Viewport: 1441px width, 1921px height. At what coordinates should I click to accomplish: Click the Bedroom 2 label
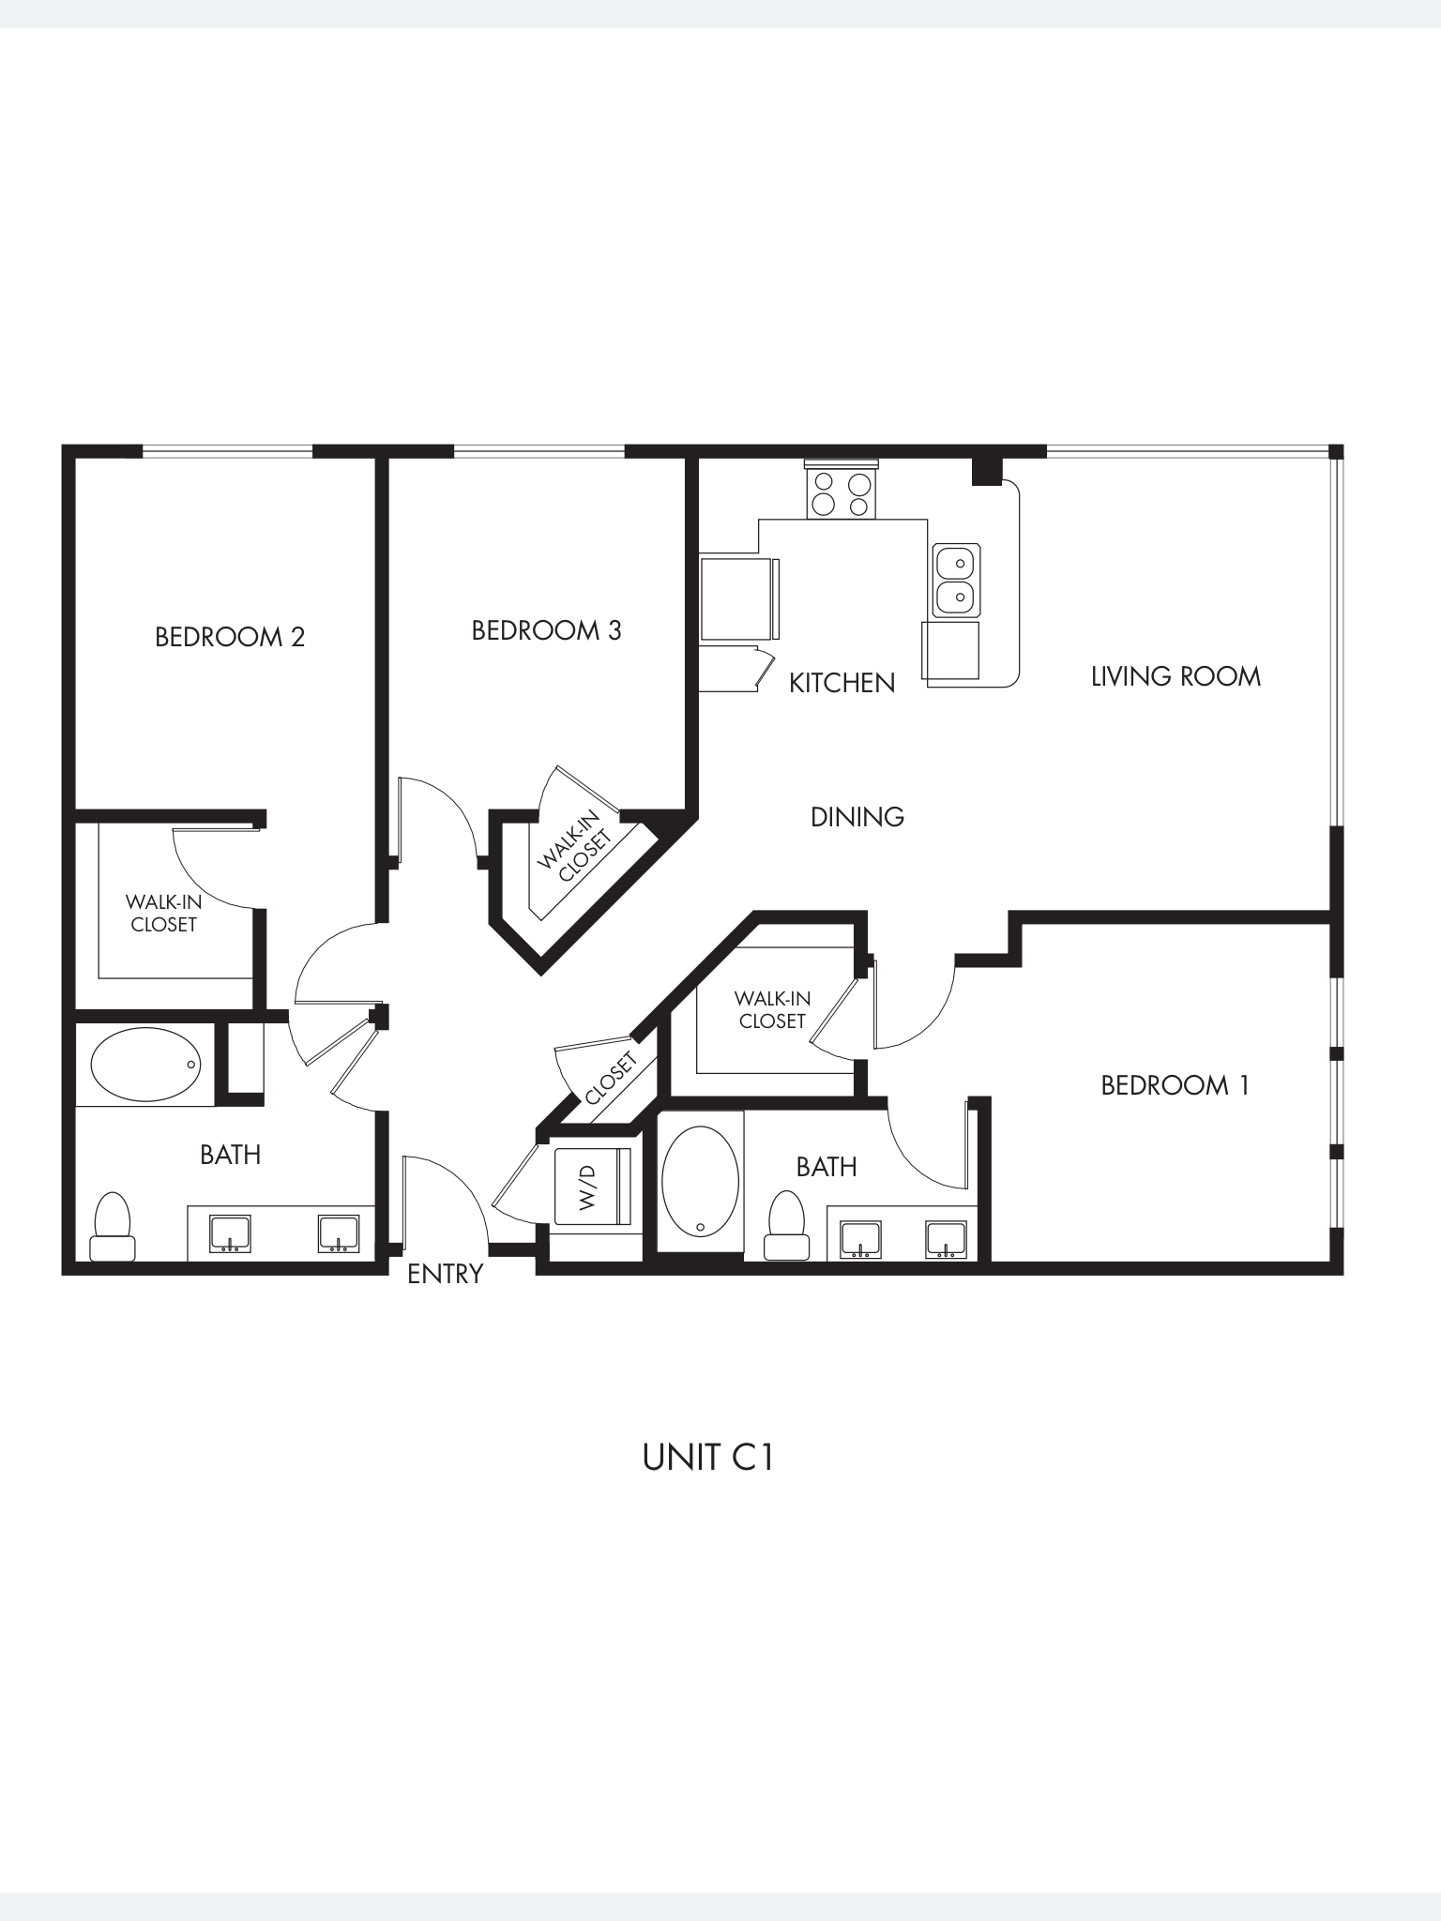pyautogui.click(x=230, y=637)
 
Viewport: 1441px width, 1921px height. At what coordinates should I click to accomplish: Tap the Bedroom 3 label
pyautogui.click(x=546, y=630)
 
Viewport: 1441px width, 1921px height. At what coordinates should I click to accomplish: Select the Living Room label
pyautogui.click(x=1175, y=676)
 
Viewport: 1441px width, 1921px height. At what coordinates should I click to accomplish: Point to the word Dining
pyautogui.click(x=857, y=817)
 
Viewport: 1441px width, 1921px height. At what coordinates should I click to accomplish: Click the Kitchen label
pyautogui.click(x=842, y=683)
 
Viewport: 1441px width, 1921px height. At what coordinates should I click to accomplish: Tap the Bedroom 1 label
pyautogui.click(x=1175, y=1085)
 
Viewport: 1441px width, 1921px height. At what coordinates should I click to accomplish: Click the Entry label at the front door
pyautogui.click(x=445, y=1274)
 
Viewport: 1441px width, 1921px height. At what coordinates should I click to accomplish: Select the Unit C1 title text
pyautogui.click(x=707, y=1458)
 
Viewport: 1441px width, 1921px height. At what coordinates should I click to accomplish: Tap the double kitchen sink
pyautogui.click(x=956, y=580)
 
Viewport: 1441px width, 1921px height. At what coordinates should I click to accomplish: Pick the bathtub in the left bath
pyautogui.click(x=145, y=1065)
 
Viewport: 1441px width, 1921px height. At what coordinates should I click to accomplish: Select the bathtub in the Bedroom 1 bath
pyautogui.click(x=700, y=1182)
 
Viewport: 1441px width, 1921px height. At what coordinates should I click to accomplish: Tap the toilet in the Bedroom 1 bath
pyautogui.click(x=786, y=1226)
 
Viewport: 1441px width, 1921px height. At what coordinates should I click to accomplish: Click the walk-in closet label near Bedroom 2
pyautogui.click(x=163, y=913)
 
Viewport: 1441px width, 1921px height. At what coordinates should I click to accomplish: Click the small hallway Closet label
pyautogui.click(x=611, y=1079)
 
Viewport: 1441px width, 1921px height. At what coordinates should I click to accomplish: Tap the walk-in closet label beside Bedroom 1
pyautogui.click(x=772, y=1009)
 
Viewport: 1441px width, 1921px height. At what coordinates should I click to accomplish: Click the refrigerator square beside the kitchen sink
pyautogui.click(x=951, y=649)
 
